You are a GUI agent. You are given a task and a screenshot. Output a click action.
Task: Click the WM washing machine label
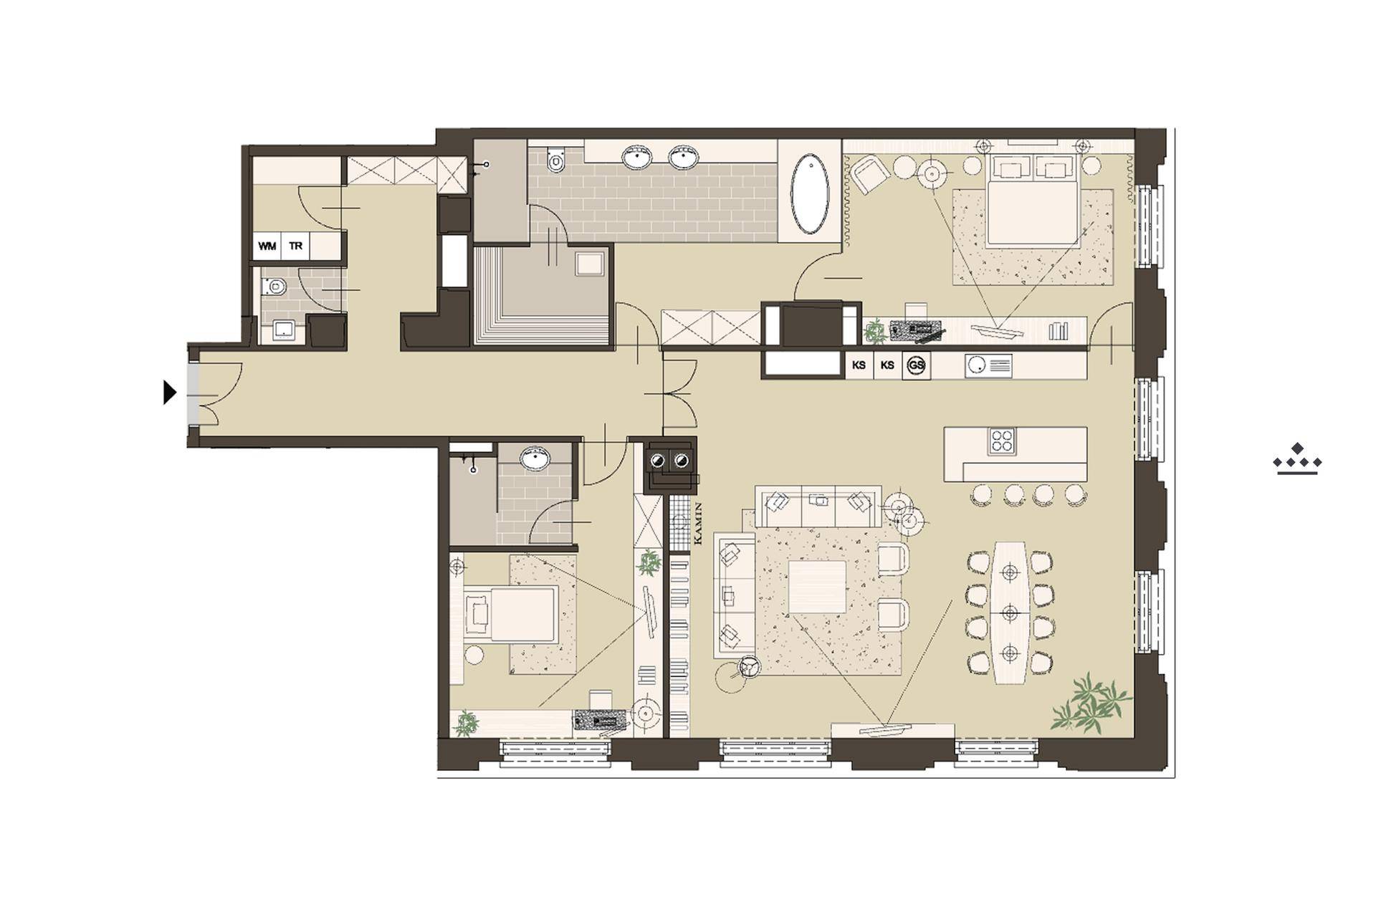[267, 246]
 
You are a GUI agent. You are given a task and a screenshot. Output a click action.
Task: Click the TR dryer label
[295, 246]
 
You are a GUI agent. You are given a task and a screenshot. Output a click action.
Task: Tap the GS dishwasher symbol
[916, 365]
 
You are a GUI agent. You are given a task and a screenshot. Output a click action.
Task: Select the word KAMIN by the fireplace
[699, 526]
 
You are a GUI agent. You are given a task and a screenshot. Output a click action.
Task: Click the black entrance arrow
[170, 393]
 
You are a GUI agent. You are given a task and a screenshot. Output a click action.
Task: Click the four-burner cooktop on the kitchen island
[1001, 441]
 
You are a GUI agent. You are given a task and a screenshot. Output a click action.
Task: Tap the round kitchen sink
[975, 366]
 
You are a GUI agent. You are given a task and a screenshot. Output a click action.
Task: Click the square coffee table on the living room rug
[817, 587]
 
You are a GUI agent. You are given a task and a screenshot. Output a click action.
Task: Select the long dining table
[1010, 613]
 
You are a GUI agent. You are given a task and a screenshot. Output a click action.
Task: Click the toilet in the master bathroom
[556, 159]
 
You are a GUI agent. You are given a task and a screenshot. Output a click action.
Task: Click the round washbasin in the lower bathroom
[534, 458]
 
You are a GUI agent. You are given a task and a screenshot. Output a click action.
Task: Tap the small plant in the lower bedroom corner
[467, 723]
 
